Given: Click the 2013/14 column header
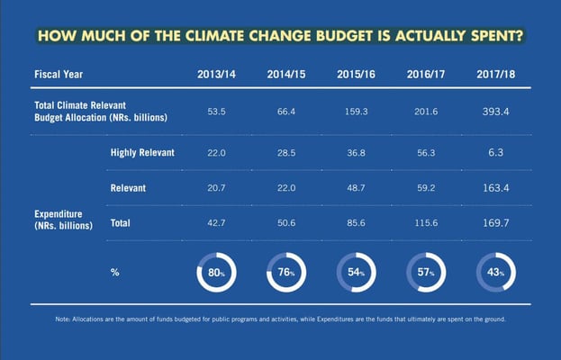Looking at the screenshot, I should tap(215, 73).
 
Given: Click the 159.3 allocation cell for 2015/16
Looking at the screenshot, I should tap(355, 112).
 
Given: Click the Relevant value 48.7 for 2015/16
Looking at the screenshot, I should tap(355, 189).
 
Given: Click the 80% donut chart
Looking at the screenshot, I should tap(215, 271).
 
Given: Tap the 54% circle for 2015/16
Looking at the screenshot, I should tap(355, 271).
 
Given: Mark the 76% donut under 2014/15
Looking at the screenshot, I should tap(285, 271).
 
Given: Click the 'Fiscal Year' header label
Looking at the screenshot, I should tap(59, 73).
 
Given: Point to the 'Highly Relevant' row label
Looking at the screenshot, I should tap(142, 153).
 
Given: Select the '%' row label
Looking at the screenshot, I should tap(114, 271).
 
